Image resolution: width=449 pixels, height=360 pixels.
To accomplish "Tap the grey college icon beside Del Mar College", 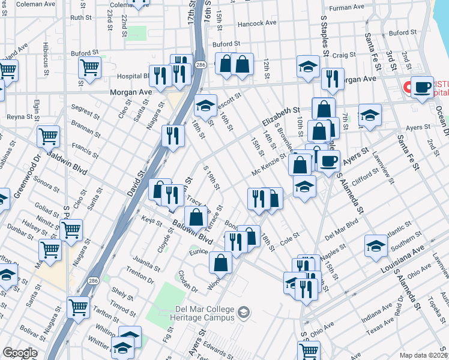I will coord(244,311).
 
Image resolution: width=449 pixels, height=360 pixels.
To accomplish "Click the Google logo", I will coord(20,353).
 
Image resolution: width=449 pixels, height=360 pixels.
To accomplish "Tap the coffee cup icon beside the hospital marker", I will coord(422,87).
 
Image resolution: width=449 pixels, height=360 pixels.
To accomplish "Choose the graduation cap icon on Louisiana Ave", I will coord(376,245).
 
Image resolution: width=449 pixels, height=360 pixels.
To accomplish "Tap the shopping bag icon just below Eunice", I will coord(221,262).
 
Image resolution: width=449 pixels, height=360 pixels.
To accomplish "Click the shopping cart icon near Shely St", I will coord(79,307).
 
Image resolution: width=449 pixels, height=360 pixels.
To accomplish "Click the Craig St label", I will coord(344,55).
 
